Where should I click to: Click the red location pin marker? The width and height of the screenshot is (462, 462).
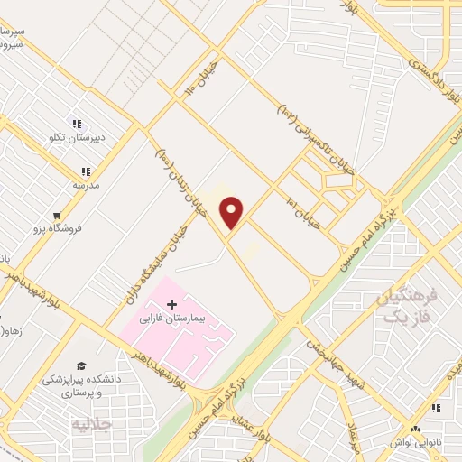point(233,212)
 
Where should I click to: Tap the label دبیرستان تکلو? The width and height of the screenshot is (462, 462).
point(77,138)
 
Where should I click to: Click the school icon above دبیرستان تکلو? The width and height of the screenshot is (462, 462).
point(77,123)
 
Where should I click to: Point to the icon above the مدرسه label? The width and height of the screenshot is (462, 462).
point(86,171)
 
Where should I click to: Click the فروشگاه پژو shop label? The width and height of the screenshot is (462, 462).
point(79,228)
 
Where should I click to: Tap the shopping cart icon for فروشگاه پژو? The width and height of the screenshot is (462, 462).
point(58,216)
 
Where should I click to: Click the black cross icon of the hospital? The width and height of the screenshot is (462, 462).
point(171,304)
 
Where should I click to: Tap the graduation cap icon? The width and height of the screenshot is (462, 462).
point(81,365)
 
